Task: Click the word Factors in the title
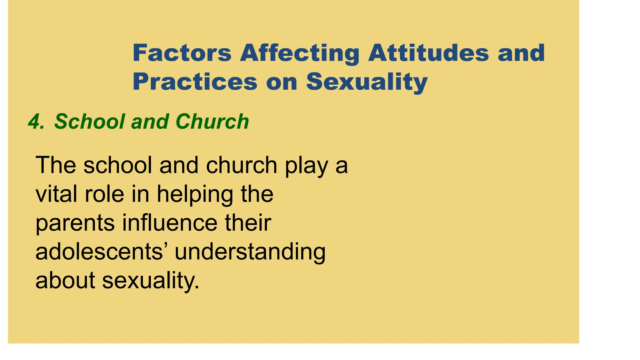pos(182,53)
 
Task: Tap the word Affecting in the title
pos(300,53)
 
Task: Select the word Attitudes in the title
pos(428,53)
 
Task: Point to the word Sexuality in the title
pos(367,82)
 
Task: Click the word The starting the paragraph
pos(56,165)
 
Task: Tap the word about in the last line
pos(65,280)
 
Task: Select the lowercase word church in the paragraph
pos(241,165)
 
